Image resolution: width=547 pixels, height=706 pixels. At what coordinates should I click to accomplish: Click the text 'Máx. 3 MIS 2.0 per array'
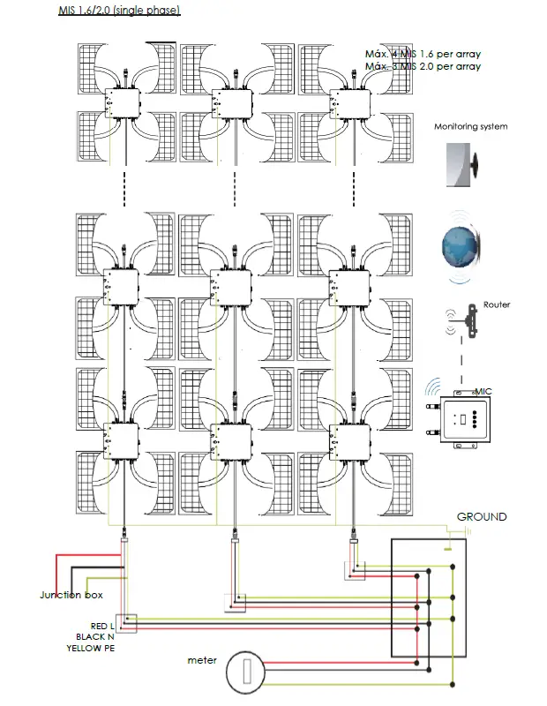[x=423, y=67]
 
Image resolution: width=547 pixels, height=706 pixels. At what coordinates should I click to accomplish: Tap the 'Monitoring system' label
[x=470, y=127]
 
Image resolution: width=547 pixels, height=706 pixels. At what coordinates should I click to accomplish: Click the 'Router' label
[x=496, y=304]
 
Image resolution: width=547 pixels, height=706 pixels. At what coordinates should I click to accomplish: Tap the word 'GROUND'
[x=482, y=516]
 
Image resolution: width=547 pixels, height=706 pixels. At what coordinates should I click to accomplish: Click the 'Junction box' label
[x=72, y=595]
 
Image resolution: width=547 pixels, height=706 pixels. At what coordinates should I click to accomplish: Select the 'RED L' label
[x=102, y=626]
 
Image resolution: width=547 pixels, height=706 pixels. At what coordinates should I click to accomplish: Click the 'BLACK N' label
[x=95, y=636]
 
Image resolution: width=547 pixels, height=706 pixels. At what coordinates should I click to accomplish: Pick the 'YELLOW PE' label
[x=90, y=648]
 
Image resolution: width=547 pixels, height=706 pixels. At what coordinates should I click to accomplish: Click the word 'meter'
[x=202, y=659]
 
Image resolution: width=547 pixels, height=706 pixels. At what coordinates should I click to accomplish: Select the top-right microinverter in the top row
[x=346, y=104]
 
